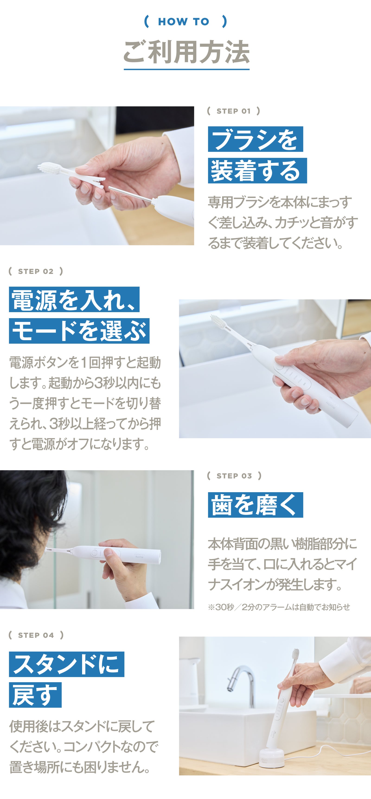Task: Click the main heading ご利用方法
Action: pyautogui.click(x=186, y=52)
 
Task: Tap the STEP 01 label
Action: pyautogui.click(x=233, y=111)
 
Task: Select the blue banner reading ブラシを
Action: pyautogui.click(x=255, y=139)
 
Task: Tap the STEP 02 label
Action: pyautogui.click(x=36, y=271)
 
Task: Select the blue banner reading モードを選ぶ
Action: pyautogui.click(x=79, y=331)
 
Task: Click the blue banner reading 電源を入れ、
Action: pyautogui.click(x=74, y=300)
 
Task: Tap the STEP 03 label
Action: pyautogui.click(x=234, y=476)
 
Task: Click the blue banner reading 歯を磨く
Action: pyautogui.click(x=255, y=505)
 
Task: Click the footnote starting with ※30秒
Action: pyautogui.click(x=278, y=607)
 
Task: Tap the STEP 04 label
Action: pyautogui.click(x=36, y=635)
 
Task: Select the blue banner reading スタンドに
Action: pyautogui.click(x=67, y=664)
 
